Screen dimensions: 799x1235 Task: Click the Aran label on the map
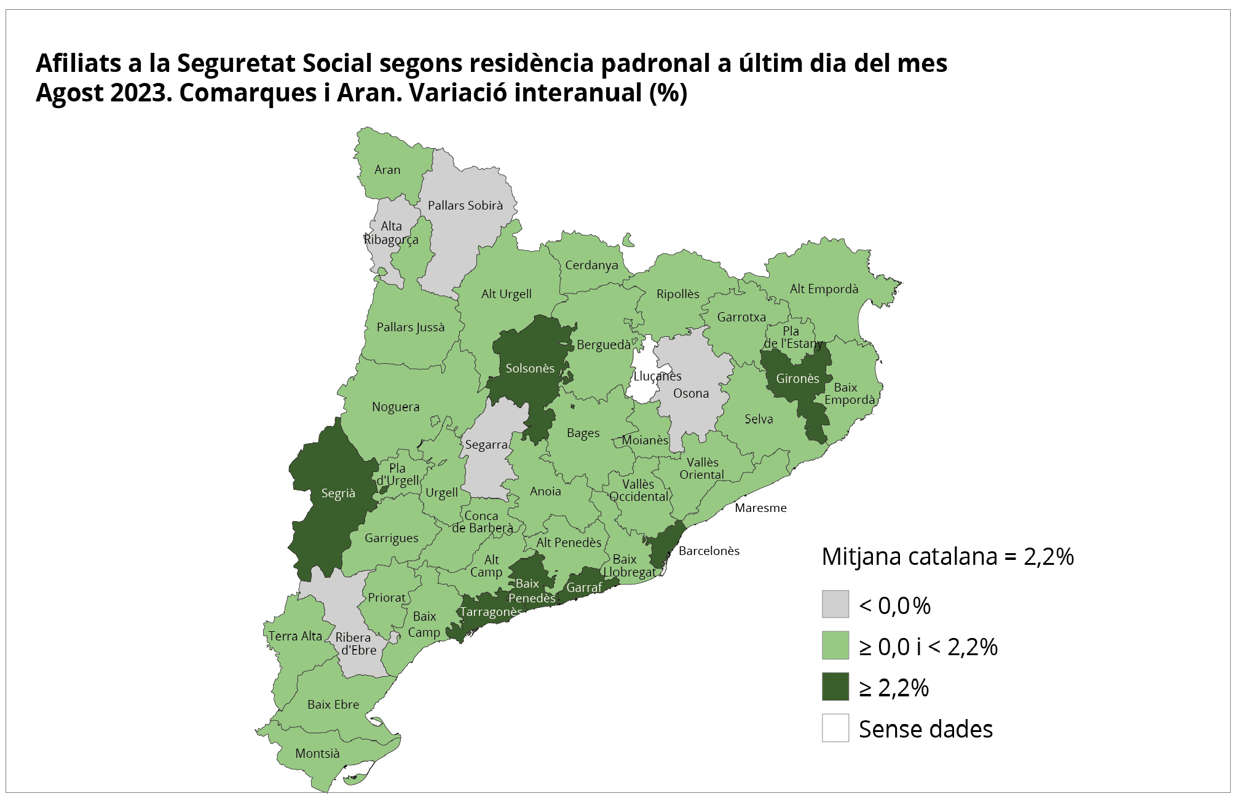(387, 170)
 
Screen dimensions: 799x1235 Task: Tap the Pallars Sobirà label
(465, 205)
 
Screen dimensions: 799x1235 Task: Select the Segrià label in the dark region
(338, 494)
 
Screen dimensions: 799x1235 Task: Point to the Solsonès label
(530, 368)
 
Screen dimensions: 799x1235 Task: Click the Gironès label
(797, 379)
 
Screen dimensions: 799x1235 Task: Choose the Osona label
(691, 393)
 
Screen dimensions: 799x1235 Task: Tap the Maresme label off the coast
(760, 508)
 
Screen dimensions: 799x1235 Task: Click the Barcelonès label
(709, 551)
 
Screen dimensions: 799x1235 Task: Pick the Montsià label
(317, 754)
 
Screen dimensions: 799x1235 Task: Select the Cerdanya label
(591, 265)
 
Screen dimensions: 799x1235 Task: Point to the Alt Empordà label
(824, 289)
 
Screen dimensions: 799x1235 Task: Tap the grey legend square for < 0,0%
(835, 604)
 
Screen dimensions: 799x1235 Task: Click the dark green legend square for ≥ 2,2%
(835, 687)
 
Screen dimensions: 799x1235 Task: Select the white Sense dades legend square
(835, 728)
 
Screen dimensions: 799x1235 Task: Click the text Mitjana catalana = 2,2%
(947, 557)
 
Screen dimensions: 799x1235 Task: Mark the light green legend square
(835, 645)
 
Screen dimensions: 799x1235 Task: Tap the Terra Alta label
(295, 636)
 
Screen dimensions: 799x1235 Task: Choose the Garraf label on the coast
(584, 588)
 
